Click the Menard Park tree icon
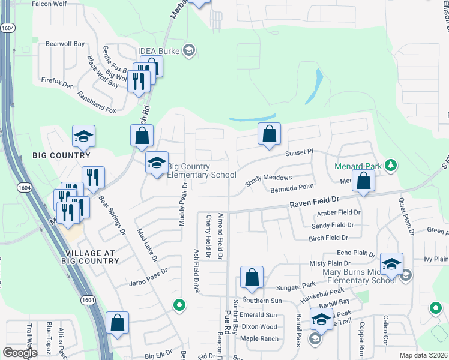pyautogui.click(x=391, y=165)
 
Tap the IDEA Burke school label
pyautogui.click(x=159, y=50)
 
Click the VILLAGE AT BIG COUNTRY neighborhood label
pyautogui.click(x=90, y=257)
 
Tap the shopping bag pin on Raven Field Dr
pyautogui.click(x=363, y=181)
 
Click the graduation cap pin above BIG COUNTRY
pyautogui.click(x=83, y=137)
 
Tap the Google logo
pyautogui.click(x=20, y=353)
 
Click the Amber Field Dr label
pyautogui.click(x=339, y=213)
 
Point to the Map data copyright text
pyautogui.click(x=423, y=355)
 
